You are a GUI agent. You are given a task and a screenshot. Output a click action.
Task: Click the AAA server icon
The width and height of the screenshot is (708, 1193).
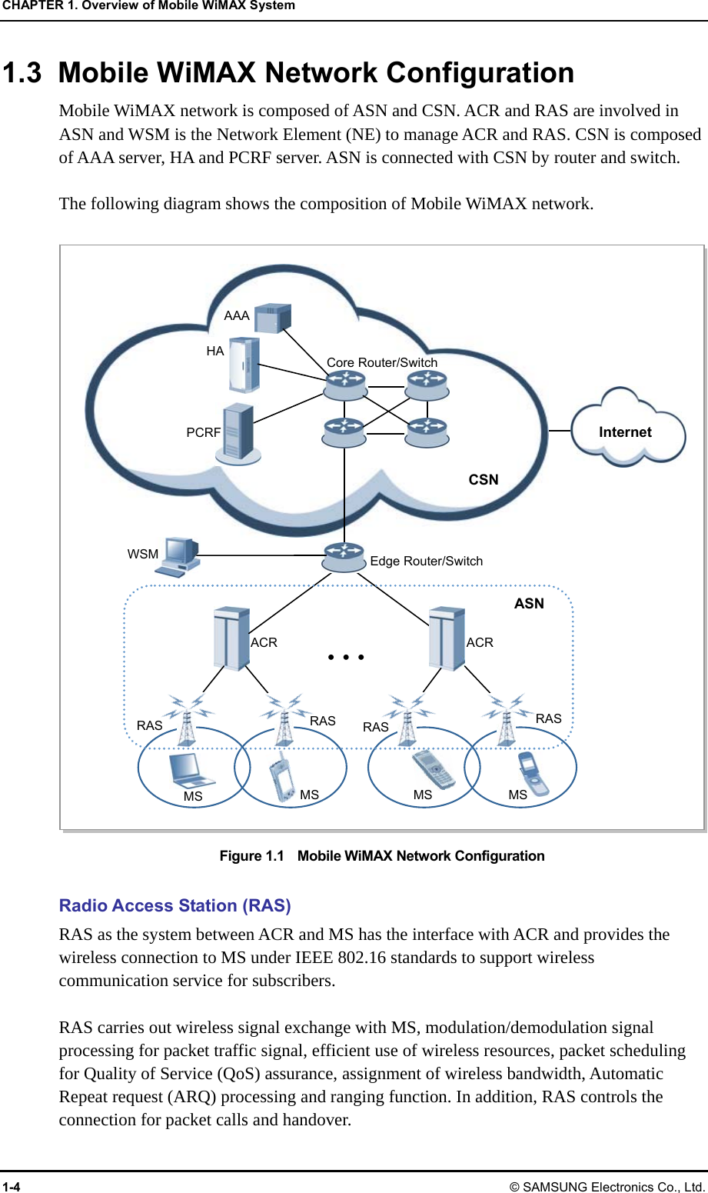(x=273, y=317)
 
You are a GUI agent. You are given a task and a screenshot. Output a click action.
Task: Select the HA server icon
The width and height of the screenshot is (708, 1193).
(x=244, y=365)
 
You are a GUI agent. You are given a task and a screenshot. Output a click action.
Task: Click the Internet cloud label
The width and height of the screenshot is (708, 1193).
(x=625, y=432)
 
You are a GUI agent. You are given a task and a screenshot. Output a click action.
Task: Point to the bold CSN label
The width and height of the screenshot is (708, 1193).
(x=484, y=480)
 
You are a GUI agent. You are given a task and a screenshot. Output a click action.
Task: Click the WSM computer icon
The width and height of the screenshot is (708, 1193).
(x=179, y=556)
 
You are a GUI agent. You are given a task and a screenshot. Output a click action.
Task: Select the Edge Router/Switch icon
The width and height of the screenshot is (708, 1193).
(x=344, y=557)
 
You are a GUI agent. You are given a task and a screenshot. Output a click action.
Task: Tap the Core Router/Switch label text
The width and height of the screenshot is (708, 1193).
(x=382, y=362)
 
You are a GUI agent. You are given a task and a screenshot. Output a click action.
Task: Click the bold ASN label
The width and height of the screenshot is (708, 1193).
(x=529, y=604)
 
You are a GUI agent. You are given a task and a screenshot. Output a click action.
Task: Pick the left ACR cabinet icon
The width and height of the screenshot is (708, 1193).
(x=231, y=638)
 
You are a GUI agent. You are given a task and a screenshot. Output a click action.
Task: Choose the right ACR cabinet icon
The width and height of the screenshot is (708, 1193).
(x=447, y=638)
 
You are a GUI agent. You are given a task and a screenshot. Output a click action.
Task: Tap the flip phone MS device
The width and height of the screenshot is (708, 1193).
(x=533, y=772)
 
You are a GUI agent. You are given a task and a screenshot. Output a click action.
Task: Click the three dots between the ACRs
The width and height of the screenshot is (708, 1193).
(x=345, y=657)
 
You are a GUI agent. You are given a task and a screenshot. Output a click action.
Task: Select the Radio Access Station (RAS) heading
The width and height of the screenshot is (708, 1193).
(x=175, y=905)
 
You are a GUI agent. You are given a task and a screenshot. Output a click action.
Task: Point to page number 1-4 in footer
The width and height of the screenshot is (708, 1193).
(x=12, y=1186)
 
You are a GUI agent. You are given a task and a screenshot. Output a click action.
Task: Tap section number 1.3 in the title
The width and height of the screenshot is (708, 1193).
(x=22, y=73)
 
